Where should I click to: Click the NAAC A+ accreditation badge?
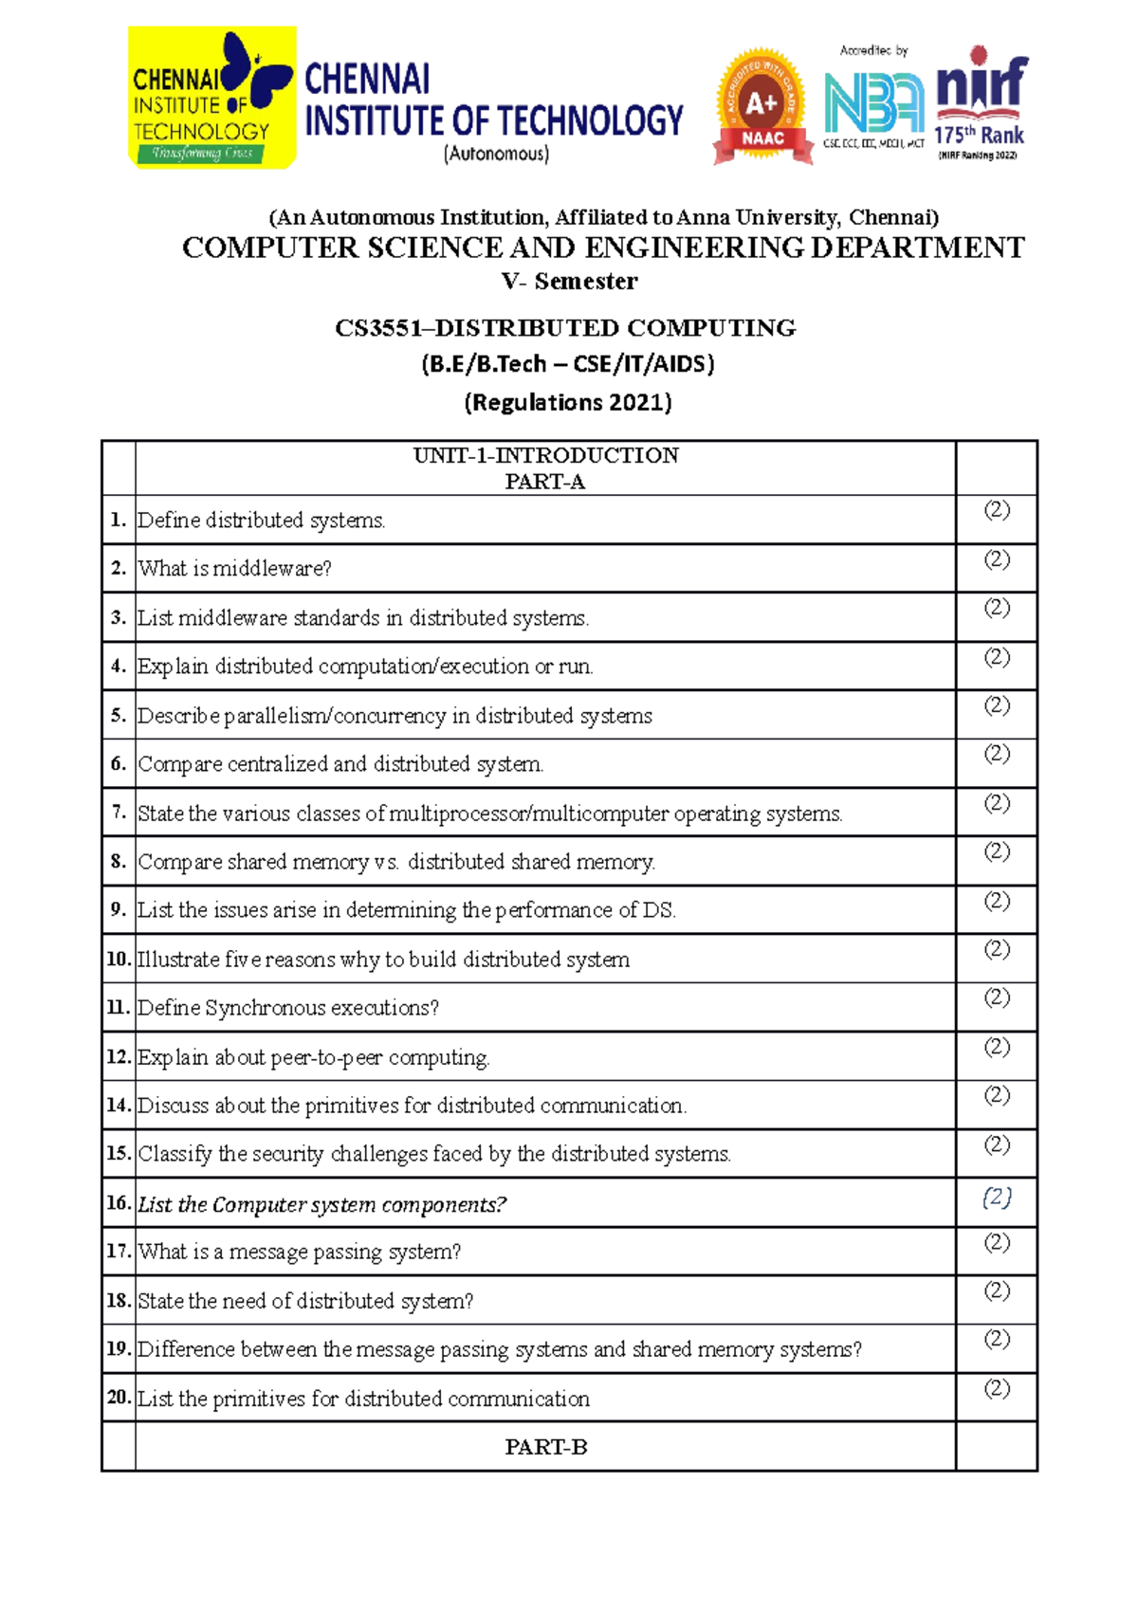click(762, 107)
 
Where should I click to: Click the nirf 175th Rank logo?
click(981, 102)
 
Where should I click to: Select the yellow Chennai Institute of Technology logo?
click(212, 99)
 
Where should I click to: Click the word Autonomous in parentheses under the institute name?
click(496, 154)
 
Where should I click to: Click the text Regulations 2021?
click(568, 402)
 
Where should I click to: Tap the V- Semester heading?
click(569, 282)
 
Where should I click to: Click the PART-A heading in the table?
click(545, 482)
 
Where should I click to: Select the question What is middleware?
click(235, 569)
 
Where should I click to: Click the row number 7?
click(119, 813)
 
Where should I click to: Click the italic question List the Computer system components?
click(322, 1205)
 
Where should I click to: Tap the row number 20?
click(119, 1397)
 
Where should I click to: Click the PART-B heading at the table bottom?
click(545, 1447)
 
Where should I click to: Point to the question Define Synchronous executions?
click(288, 1008)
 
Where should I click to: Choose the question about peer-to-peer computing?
click(314, 1057)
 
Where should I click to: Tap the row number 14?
click(119, 1105)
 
